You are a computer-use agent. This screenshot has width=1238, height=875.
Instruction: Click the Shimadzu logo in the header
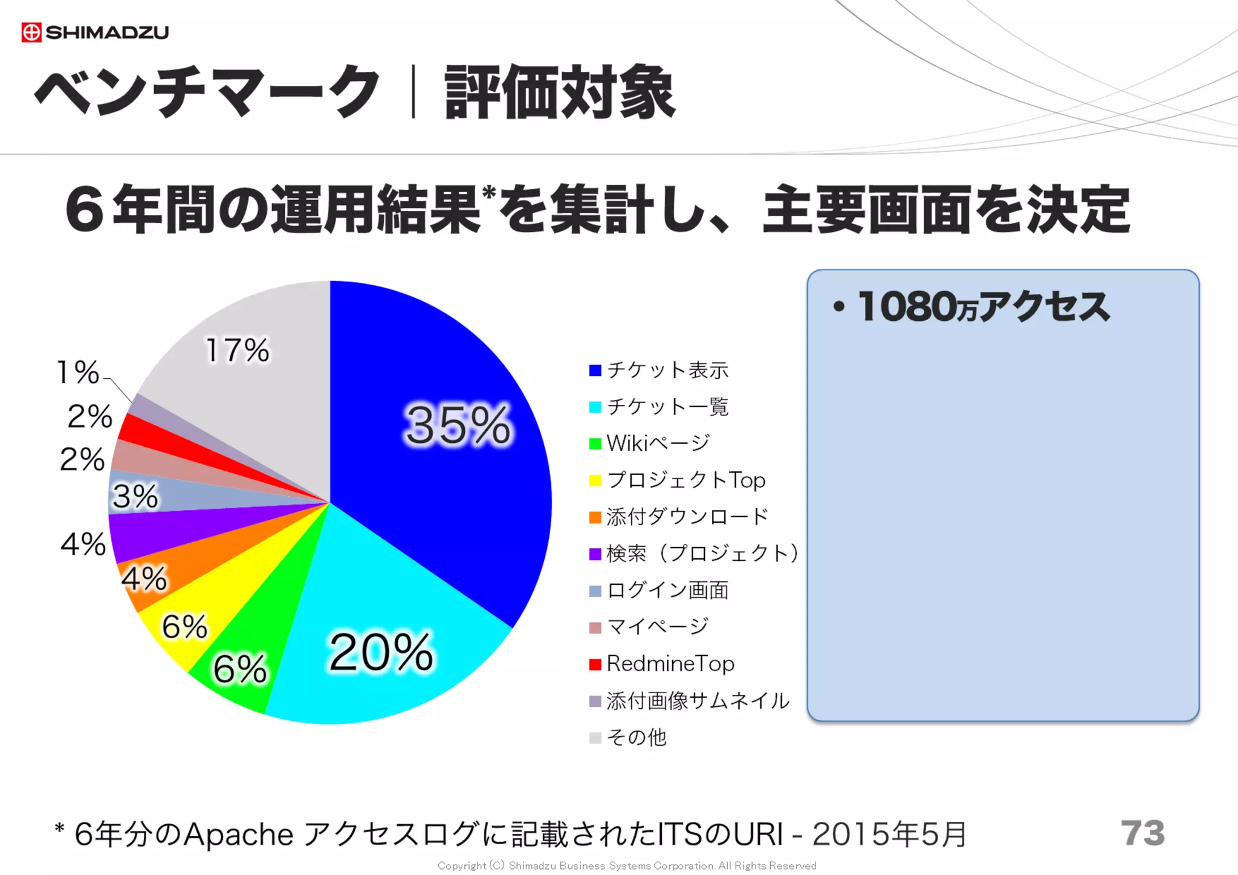pyautogui.click(x=95, y=32)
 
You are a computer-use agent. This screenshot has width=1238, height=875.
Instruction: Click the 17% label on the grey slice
pyautogui.click(x=238, y=350)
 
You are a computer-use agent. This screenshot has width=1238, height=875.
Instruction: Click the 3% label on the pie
pyautogui.click(x=135, y=497)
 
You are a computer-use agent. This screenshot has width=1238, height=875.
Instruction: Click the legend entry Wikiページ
pyautogui.click(x=658, y=444)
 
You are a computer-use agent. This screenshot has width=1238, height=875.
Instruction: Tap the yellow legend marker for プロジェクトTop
pyautogui.click(x=595, y=480)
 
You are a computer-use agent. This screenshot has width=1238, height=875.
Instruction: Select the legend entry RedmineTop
pyautogui.click(x=670, y=664)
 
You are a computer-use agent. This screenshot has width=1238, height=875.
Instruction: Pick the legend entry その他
pyautogui.click(x=636, y=737)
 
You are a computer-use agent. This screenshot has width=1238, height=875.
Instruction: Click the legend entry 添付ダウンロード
pyautogui.click(x=687, y=517)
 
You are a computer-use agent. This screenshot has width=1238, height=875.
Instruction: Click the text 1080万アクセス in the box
pyautogui.click(x=983, y=306)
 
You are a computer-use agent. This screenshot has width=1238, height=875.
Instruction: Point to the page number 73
pyautogui.click(x=1142, y=833)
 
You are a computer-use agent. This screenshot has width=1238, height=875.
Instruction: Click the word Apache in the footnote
pyautogui.click(x=238, y=835)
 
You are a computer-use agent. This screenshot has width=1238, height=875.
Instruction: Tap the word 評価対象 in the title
pyautogui.click(x=560, y=92)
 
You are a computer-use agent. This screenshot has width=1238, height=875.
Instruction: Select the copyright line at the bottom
pyautogui.click(x=626, y=865)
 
